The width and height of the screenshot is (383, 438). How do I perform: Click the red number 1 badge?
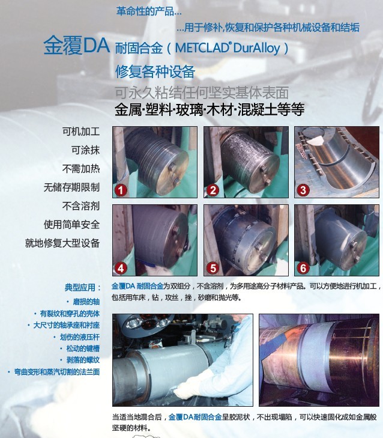pyautogui.click(x=121, y=190)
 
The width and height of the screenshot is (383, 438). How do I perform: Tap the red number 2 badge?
pyautogui.click(x=213, y=190)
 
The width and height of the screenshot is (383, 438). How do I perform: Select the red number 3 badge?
pyautogui.click(x=303, y=190)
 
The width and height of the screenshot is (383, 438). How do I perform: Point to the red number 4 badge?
pyautogui.click(x=121, y=268)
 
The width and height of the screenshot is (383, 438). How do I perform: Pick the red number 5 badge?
pyautogui.click(x=213, y=268)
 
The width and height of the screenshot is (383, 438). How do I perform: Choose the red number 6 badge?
pyautogui.click(x=303, y=268)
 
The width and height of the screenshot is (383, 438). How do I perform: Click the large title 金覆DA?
pyautogui.click(x=76, y=45)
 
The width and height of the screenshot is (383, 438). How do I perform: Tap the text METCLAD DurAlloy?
pyautogui.click(x=228, y=48)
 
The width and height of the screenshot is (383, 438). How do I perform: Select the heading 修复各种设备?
pyautogui.click(x=155, y=71)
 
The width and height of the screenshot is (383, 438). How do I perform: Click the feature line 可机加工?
pyautogui.click(x=81, y=132)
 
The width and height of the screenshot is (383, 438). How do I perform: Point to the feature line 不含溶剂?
pyautogui.click(x=81, y=206)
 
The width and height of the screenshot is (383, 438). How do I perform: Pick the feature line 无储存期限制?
pyautogui.click(x=71, y=187)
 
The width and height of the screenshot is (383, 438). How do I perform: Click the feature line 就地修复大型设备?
pyautogui.click(x=62, y=243)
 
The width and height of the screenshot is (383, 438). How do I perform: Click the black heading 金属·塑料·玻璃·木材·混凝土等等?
pyautogui.click(x=210, y=109)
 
